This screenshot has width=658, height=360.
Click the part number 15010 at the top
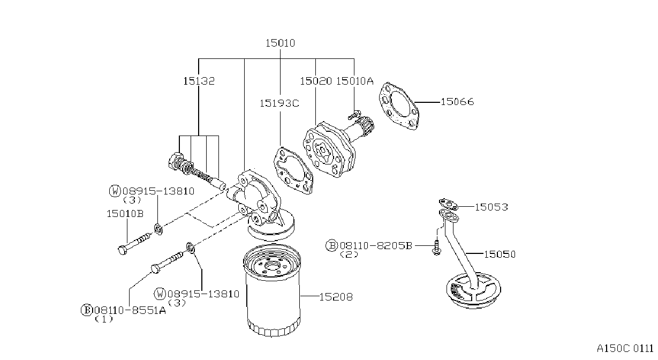(280, 43)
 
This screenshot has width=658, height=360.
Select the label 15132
(199, 81)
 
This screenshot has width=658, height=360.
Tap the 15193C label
(279, 103)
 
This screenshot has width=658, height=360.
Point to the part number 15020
(316, 81)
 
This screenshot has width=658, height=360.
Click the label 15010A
(355, 81)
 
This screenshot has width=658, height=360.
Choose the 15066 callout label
(457, 102)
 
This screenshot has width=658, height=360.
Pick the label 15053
(491, 207)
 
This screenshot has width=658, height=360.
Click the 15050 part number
(500, 254)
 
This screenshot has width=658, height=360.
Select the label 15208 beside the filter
(336, 297)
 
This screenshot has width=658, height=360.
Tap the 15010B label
(125, 214)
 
